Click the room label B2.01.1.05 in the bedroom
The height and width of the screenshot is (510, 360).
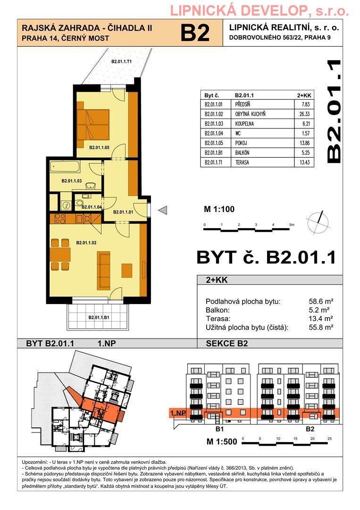[99, 148]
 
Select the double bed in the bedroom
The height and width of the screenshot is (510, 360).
[93, 124]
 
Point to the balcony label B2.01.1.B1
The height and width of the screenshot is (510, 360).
[99, 317]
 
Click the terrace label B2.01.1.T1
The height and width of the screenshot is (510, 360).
[121, 61]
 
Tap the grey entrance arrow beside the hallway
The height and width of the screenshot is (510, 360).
[162, 211]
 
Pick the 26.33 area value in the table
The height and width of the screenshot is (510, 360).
[304, 114]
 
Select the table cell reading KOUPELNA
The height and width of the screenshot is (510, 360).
[244, 124]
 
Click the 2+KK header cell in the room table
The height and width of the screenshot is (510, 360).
[304, 95]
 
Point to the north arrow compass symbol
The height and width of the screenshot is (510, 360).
[318, 223]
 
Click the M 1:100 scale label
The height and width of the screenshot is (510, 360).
[219, 209]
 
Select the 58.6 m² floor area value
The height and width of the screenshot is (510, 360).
[321, 301]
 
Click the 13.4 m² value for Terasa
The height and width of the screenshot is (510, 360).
[321, 319]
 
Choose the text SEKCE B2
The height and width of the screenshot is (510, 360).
[227, 343]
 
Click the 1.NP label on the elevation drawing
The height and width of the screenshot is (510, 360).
[178, 413]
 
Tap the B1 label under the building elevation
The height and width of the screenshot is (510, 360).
[220, 429]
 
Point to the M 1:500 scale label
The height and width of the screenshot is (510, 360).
[222, 442]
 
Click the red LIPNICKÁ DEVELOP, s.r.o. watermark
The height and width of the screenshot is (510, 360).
[260, 11]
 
